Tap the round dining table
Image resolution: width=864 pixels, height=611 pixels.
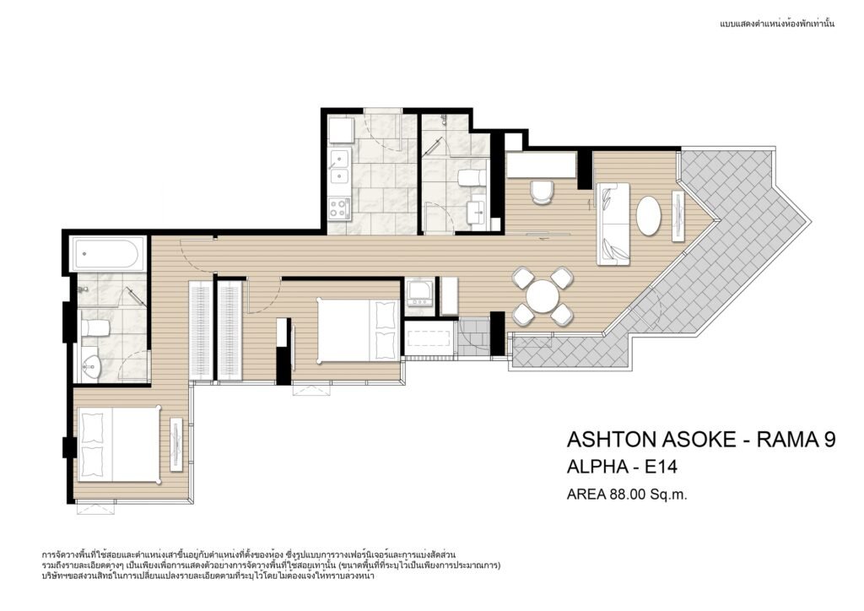click(x=543, y=296)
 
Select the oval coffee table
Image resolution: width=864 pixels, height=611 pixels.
click(x=649, y=216)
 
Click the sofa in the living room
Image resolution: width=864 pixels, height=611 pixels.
click(x=614, y=223)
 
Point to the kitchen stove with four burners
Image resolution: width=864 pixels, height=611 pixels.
click(x=339, y=208)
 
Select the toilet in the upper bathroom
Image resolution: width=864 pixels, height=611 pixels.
click(x=472, y=177)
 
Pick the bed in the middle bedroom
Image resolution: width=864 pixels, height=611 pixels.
click(x=358, y=330)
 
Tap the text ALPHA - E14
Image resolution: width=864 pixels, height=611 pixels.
click(x=622, y=468)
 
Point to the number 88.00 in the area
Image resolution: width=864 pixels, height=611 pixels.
click(x=627, y=495)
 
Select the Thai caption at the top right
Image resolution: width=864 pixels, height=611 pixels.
click(x=777, y=24)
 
